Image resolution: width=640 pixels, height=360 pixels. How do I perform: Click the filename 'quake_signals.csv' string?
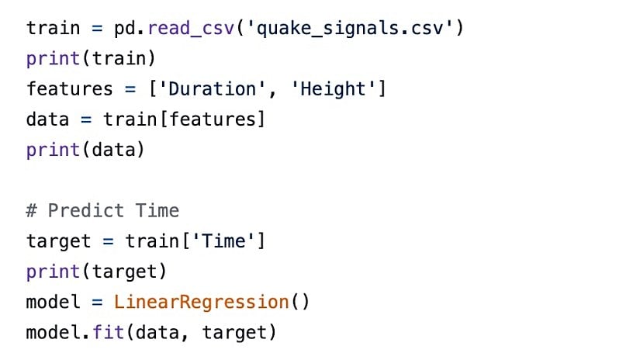click(365, 29)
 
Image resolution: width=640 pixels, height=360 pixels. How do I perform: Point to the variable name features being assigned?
click(70, 89)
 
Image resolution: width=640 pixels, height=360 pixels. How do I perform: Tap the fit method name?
click(109, 333)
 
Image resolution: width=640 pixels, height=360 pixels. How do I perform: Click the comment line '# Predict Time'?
click(102, 211)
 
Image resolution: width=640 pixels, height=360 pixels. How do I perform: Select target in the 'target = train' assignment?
click(59, 241)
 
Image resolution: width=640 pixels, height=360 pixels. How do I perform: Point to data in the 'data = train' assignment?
click(48, 119)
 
